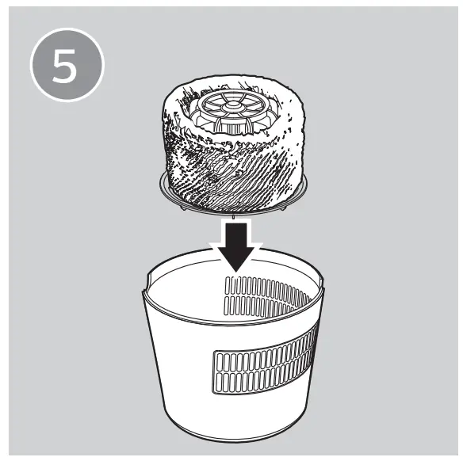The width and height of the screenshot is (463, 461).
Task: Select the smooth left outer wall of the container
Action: point(174,364)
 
